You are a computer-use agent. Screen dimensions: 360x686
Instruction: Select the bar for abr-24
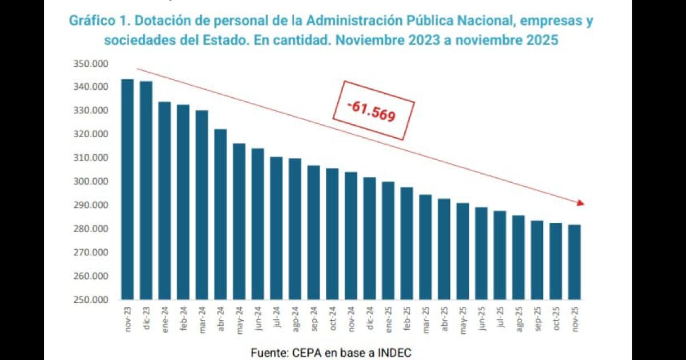(221, 214)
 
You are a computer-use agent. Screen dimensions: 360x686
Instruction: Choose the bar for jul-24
(277, 228)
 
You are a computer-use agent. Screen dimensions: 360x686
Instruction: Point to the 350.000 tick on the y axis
(90, 63)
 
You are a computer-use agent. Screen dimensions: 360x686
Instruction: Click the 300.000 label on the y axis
(90, 182)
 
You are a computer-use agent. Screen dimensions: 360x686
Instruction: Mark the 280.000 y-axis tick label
(90, 229)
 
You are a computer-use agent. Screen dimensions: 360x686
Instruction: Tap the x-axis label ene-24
(165, 317)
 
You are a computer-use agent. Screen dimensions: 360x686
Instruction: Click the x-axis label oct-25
(556, 317)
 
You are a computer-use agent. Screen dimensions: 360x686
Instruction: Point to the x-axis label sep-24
(314, 317)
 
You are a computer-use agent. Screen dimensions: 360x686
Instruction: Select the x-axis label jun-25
(482, 317)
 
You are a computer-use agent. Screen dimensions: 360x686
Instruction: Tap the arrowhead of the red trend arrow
(581, 203)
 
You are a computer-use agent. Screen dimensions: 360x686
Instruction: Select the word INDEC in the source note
(392, 353)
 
